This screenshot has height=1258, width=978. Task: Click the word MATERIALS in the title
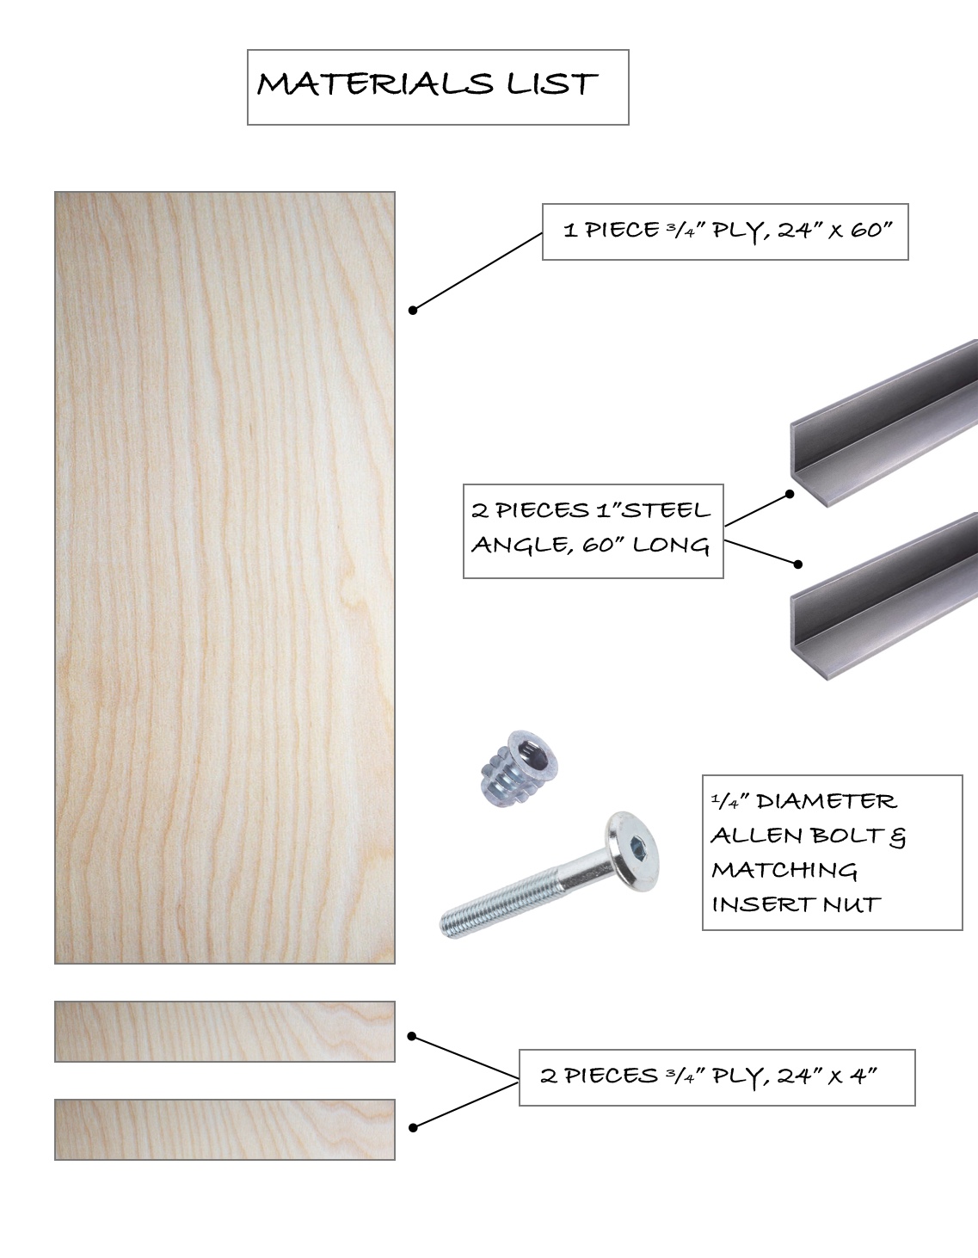(375, 84)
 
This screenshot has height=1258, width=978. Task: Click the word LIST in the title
(551, 84)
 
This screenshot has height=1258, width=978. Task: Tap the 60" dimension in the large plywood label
(871, 230)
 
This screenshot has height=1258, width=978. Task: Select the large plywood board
(225, 577)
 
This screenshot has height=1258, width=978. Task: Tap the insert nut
(519, 768)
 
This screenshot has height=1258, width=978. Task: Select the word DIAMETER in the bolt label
(827, 801)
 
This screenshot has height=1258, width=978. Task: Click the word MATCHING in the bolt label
(784, 870)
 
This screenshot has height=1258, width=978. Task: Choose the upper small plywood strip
(225, 1032)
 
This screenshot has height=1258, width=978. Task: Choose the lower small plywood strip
(225, 1130)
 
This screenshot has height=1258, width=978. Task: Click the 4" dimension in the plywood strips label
(864, 1076)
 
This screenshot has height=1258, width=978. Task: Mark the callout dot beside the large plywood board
(413, 311)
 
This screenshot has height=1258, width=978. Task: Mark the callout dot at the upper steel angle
(790, 494)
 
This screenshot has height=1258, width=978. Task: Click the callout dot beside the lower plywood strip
(413, 1128)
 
